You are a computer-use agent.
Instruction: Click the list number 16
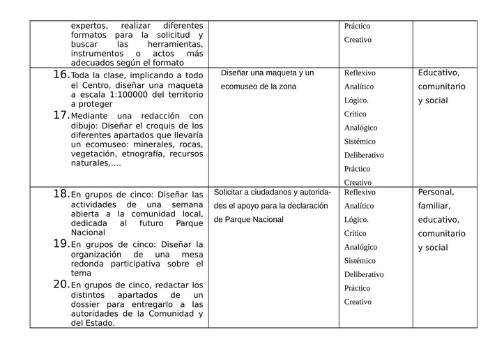coord(61,74)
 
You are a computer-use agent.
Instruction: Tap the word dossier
coord(86,304)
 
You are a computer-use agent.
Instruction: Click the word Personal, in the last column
coord(436,192)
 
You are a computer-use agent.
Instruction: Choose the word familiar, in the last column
coord(434,206)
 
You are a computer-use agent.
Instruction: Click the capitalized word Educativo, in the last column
coord(438,73)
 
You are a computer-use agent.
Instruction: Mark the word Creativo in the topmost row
coord(358,40)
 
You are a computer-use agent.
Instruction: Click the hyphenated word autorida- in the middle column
coord(313,192)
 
